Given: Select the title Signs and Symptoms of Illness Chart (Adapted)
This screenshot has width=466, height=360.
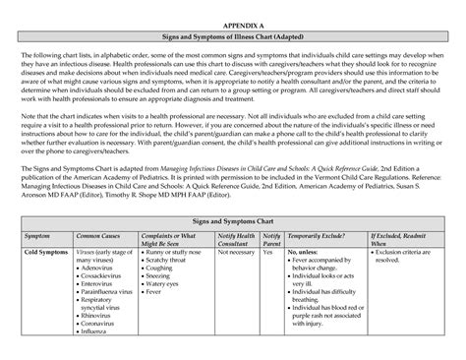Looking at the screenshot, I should pos(233,36).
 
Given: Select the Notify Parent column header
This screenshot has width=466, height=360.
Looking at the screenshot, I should pos(271,241).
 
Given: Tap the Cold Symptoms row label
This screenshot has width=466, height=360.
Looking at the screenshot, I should pos(45,252).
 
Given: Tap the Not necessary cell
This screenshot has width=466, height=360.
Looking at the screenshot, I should pos(235,252).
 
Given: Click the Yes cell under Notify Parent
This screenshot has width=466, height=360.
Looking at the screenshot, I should pos(267,252).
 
